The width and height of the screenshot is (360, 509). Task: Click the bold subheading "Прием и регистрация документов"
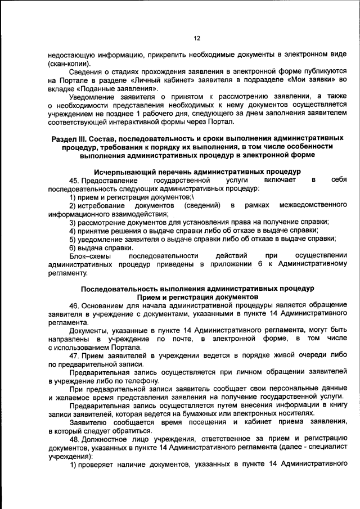coord(197,298)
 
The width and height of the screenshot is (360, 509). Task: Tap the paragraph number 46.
coord(74,306)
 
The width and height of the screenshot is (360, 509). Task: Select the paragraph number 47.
coord(74,356)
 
